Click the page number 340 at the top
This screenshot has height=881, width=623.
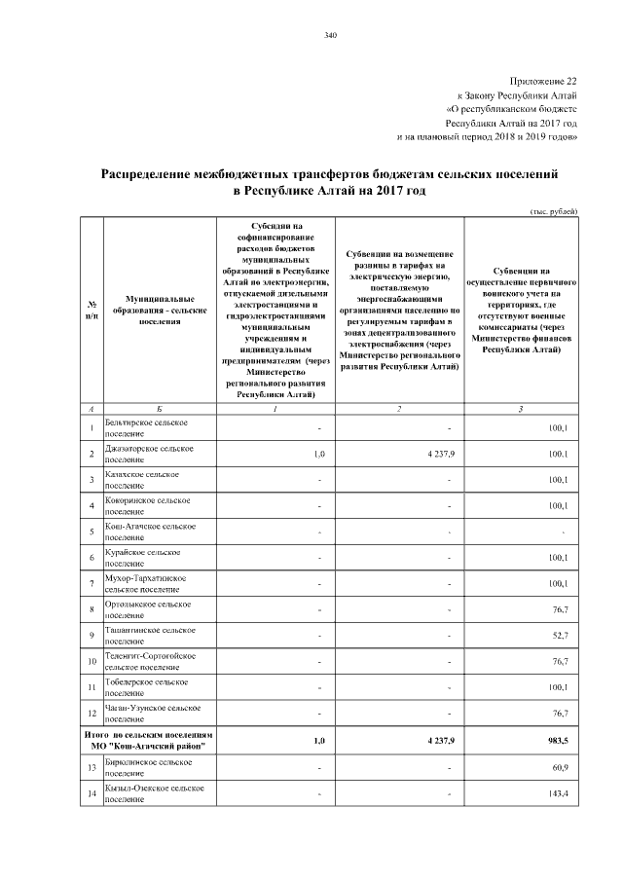[330, 36]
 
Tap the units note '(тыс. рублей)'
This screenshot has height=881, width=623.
[554, 211]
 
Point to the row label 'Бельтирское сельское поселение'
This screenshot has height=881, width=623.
[146, 426]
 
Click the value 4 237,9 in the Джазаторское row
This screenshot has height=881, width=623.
[434, 454]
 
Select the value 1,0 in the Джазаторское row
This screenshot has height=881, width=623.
[320, 454]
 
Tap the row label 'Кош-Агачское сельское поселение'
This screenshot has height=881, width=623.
[146, 532]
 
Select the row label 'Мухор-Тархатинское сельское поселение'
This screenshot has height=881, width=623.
[145, 584]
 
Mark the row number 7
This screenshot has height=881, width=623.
[91, 584]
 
